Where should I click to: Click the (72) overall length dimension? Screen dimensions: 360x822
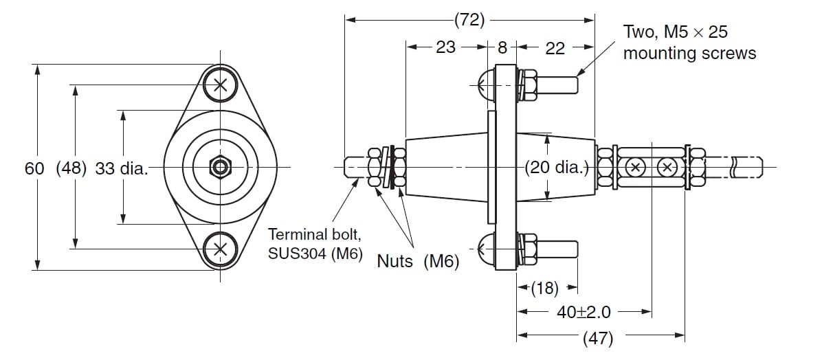coord(470,20)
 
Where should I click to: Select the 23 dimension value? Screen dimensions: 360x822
coord(445,47)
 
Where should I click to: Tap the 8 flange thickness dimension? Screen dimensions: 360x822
coord(502,47)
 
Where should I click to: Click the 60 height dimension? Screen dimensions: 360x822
coord(34,168)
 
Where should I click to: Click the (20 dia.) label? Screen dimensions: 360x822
coord(557,167)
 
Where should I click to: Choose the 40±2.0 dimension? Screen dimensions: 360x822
coord(584,313)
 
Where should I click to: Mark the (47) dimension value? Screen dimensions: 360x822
coord(597,337)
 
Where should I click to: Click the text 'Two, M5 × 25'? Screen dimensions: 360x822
coord(675,32)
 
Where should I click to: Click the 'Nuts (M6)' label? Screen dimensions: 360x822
coord(417,261)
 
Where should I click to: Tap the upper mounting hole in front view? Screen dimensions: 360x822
coord(220,85)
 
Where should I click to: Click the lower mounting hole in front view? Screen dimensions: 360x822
coord(220,249)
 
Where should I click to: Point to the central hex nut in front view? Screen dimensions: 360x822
coord(220,167)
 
